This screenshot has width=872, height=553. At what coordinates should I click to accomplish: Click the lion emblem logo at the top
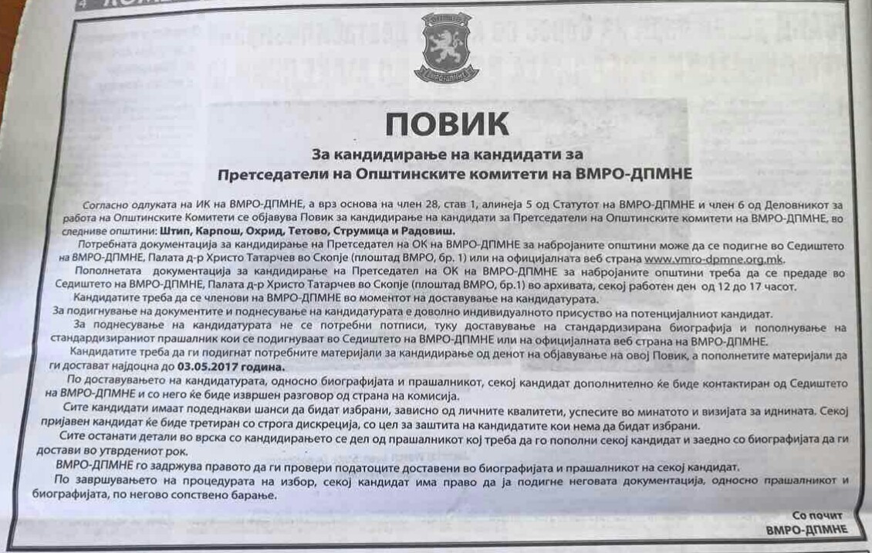(x=446, y=48)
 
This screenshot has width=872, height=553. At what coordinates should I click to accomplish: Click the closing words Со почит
(x=817, y=515)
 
